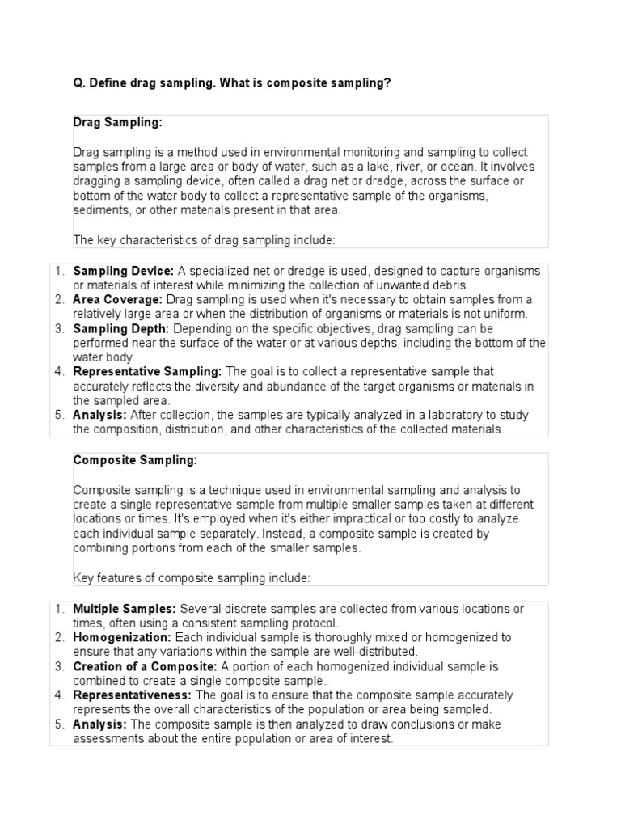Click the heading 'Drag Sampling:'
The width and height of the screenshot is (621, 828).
117,122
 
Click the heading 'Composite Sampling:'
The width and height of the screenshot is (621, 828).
135,460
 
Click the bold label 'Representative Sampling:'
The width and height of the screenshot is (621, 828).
147,372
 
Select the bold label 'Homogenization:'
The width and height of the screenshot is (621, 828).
120,638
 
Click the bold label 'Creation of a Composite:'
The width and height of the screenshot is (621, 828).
145,666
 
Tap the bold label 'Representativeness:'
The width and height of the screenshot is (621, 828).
132,695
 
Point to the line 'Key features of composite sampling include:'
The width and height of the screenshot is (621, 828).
191,577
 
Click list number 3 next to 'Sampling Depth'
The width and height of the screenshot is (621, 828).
60,329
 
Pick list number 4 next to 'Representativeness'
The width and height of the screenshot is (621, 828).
60,695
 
